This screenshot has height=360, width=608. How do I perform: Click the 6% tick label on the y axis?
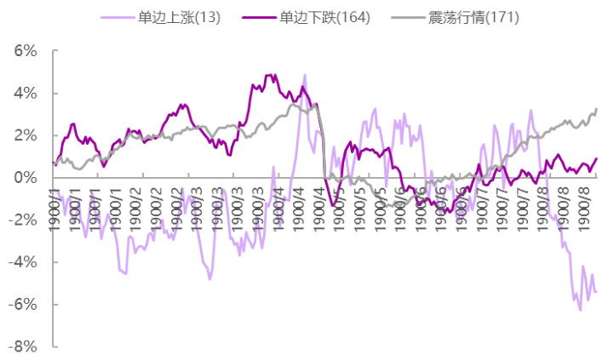(x=24, y=51)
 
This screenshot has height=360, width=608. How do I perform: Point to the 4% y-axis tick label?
(x=24, y=94)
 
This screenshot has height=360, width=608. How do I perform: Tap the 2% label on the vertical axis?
(x=24, y=135)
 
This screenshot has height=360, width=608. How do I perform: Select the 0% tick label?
(x=24, y=178)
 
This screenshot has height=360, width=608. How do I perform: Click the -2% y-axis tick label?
(x=21, y=220)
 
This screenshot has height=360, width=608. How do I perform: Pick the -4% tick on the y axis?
(x=21, y=262)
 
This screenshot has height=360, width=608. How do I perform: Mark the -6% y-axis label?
(x=21, y=305)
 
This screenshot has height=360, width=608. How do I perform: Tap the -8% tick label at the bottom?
(x=21, y=346)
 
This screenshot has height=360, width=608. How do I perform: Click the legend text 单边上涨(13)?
(x=178, y=17)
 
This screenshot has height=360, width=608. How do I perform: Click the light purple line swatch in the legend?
(x=114, y=17)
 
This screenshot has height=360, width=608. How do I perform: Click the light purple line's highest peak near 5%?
(x=304, y=75)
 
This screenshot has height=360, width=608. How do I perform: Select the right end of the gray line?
(x=596, y=109)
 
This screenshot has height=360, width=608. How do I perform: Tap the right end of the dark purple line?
(x=596, y=158)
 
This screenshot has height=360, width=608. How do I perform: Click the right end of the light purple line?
(x=596, y=292)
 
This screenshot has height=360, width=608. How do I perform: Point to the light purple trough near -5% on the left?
(x=209, y=279)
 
